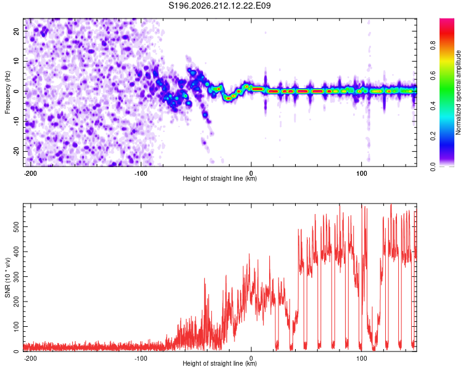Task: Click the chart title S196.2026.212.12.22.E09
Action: [219, 6]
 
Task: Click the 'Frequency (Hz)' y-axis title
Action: [7, 92]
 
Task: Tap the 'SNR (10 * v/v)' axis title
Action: [7, 277]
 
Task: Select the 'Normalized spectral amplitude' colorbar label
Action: [458, 92]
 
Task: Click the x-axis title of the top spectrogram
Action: [220, 178]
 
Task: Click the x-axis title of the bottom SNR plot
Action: [220, 363]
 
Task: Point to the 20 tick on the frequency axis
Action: [17, 31]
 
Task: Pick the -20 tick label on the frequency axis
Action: [17, 151]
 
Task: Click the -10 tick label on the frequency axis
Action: [17, 121]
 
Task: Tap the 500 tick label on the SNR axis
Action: [17, 226]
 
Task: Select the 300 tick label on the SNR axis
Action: [17, 276]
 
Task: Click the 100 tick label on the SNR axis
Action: [17, 326]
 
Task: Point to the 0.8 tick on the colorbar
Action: [433, 46]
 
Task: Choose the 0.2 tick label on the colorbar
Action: [433, 136]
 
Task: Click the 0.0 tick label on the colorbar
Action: [433, 166]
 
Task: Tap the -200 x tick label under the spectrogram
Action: [30, 173]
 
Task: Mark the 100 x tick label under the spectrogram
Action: [361, 173]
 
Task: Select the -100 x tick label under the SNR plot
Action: [141, 358]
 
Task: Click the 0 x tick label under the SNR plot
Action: [251, 358]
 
